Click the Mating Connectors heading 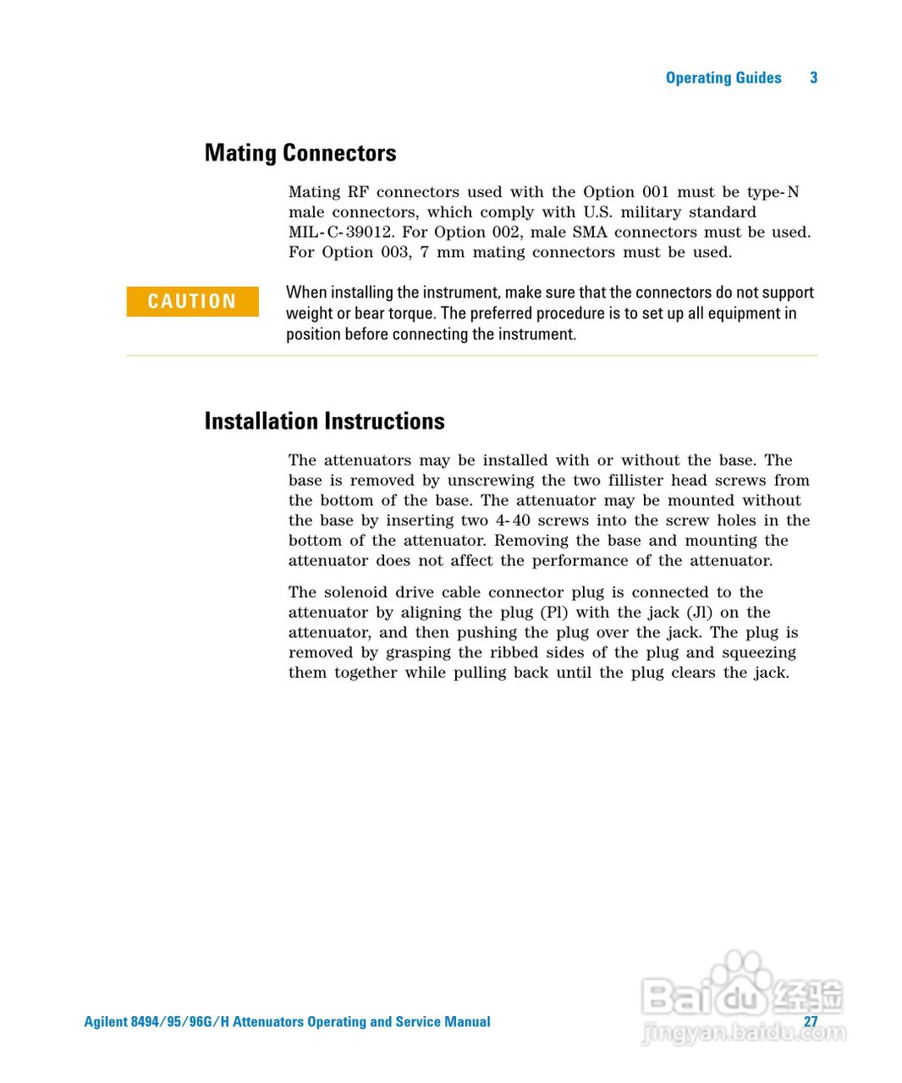(x=300, y=153)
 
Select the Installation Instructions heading (x=324, y=421)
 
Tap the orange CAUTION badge (x=192, y=301)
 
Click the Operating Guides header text (x=723, y=78)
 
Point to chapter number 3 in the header (x=813, y=78)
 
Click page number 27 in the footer (x=811, y=1021)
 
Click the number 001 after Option (x=655, y=193)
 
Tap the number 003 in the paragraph (x=393, y=253)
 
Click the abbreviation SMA (x=590, y=233)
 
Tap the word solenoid (x=356, y=593)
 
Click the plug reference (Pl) (x=553, y=613)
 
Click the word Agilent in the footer (x=106, y=1022)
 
